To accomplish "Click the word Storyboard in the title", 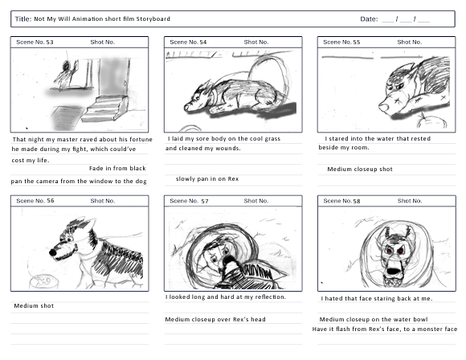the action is click(153, 19).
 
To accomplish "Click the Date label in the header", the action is click(369, 19).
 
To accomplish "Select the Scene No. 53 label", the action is click(35, 43).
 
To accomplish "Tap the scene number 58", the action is click(357, 201).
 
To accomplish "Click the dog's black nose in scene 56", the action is click(53, 252).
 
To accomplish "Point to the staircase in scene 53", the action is click(105, 108).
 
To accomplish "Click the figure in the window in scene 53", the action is click(66, 73).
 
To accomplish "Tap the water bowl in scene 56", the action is click(43, 281).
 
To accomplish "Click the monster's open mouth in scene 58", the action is click(394, 271).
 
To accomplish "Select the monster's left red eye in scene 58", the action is click(389, 252).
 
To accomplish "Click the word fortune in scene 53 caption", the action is click(141, 140).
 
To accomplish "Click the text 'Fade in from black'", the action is click(117, 169).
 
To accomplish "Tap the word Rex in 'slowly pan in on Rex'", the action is click(233, 179).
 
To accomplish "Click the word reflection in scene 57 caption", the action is click(271, 297).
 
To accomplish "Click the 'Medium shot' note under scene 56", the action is click(34, 306).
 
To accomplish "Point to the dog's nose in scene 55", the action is click(382, 106).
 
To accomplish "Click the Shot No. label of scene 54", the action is click(256, 43).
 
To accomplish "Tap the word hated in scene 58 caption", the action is click(334, 298).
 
